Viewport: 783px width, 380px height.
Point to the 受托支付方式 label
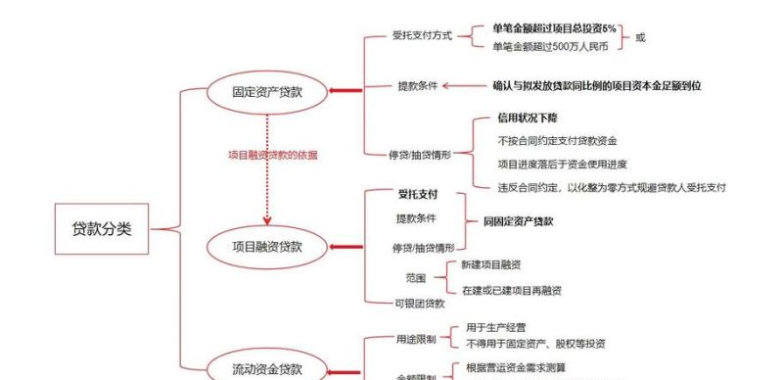click(x=422, y=36)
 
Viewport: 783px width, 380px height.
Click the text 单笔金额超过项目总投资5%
click(x=554, y=28)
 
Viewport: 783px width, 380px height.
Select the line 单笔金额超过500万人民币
click(x=550, y=46)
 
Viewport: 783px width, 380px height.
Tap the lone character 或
click(x=641, y=37)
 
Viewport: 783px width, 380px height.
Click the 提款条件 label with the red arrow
click(x=417, y=85)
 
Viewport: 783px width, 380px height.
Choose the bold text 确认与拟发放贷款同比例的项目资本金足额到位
click(x=596, y=86)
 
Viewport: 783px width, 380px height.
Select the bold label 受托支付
click(x=417, y=194)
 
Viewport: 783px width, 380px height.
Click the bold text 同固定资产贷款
click(x=519, y=221)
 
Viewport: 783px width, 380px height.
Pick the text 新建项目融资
click(x=490, y=265)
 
